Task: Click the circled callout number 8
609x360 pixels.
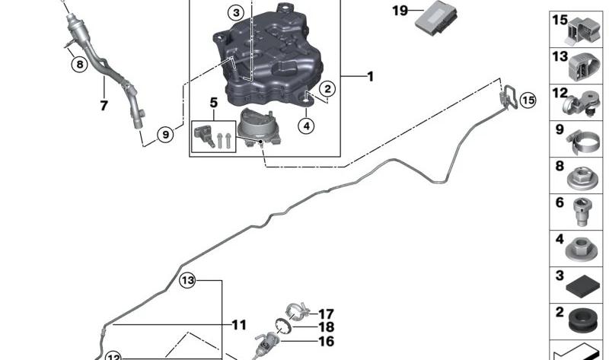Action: click(x=79, y=64)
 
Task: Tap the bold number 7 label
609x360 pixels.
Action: click(x=104, y=106)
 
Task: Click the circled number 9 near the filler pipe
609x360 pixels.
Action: click(x=165, y=135)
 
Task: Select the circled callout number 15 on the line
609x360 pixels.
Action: click(x=528, y=99)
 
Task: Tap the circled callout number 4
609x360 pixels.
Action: click(x=305, y=126)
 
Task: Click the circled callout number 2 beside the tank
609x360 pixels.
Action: click(x=326, y=89)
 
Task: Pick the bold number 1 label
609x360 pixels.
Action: click(x=370, y=76)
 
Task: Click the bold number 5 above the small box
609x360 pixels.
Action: click(x=214, y=102)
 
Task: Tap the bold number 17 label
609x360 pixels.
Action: click(x=326, y=314)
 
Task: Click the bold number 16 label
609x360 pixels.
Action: click(x=326, y=342)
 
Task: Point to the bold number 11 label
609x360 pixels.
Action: click(x=239, y=325)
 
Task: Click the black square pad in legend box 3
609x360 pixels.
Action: click(x=583, y=288)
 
